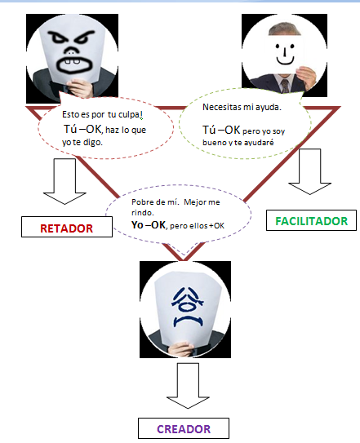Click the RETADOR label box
67,228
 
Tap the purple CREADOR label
183,428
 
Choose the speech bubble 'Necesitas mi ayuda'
245,120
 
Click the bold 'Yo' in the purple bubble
138,226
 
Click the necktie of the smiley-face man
285,86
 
